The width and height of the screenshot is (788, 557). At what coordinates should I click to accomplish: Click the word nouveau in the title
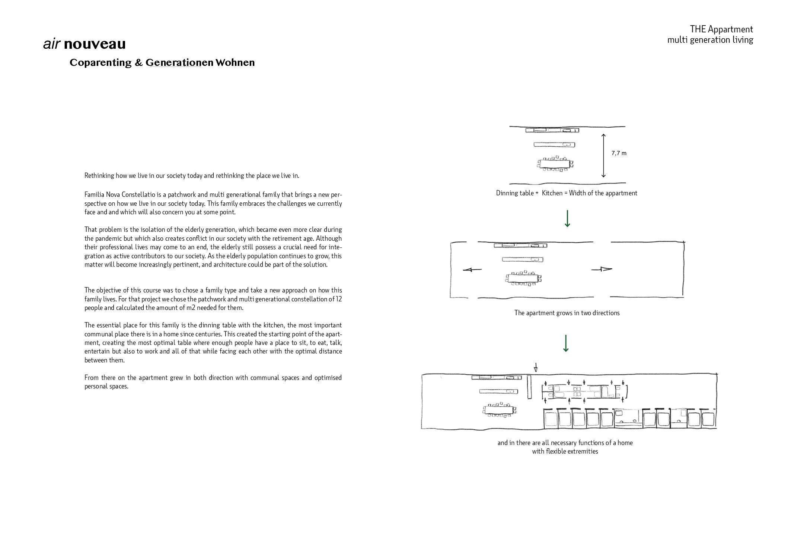(x=95, y=44)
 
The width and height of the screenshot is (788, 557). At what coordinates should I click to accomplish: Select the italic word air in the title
(x=52, y=44)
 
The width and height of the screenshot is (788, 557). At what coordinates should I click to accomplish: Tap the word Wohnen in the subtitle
(x=235, y=63)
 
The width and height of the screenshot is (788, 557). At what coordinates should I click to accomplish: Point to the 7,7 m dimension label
(x=619, y=153)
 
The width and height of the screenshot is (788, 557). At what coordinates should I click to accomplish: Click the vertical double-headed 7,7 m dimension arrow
(x=603, y=155)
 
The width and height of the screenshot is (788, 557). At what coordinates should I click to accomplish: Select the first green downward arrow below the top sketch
(x=567, y=219)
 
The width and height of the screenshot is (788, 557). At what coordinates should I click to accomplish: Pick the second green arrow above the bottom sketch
(x=566, y=343)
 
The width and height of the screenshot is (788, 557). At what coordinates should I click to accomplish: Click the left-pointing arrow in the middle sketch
(x=472, y=270)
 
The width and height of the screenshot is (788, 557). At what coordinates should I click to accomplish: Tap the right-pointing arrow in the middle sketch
(x=602, y=269)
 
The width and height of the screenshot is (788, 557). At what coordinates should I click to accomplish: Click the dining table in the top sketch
(x=555, y=164)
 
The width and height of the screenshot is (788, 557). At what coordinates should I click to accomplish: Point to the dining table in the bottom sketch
(x=500, y=410)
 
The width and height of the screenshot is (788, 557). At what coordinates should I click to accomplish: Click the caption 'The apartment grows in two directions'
(x=567, y=313)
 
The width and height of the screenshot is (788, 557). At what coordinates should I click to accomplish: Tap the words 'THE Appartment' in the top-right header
(x=721, y=29)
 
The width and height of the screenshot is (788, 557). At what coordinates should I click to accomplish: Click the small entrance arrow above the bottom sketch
(x=536, y=368)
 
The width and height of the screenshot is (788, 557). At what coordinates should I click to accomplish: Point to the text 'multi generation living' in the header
(x=710, y=40)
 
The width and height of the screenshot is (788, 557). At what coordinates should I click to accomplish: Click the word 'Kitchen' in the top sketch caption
(x=552, y=193)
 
